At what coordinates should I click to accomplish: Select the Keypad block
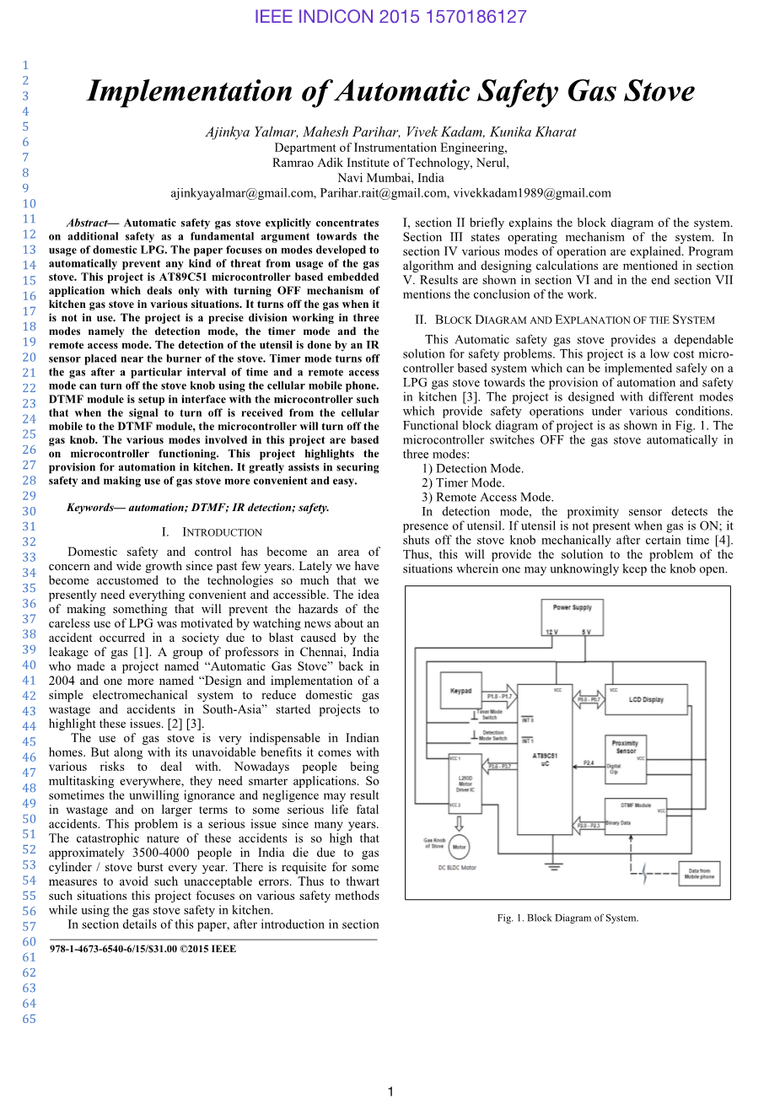(x=460, y=690)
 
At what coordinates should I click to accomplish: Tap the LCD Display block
(x=647, y=699)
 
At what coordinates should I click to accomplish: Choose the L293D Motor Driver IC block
(x=465, y=784)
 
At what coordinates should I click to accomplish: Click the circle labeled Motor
(x=459, y=847)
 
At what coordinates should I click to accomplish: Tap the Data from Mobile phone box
(x=698, y=874)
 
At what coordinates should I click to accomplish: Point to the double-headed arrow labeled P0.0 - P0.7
(x=589, y=698)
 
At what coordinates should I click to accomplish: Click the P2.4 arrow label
(x=588, y=762)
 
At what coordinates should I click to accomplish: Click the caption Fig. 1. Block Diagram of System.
(x=568, y=918)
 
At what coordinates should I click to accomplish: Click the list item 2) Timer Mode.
(x=463, y=483)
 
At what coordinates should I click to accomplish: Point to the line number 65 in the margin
(x=29, y=1019)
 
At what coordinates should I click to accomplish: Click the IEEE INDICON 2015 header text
(x=390, y=16)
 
